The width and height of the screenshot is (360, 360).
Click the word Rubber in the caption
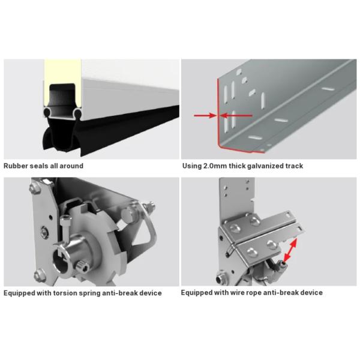click(x=17, y=166)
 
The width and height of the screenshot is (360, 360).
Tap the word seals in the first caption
click(x=42, y=166)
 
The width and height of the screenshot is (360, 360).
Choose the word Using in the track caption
click(x=192, y=166)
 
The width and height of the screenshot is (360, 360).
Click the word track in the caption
click(x=295, y=166)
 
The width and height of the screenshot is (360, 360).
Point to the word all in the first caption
click(x=56, y=166)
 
